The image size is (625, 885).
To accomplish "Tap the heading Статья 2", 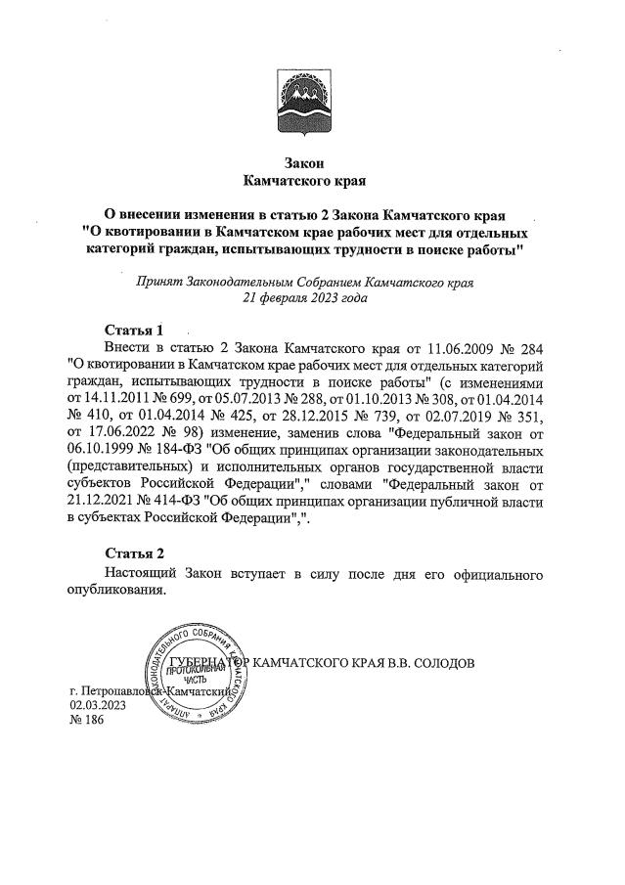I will (133, 554).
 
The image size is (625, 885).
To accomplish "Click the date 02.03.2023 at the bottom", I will (98, 704).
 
